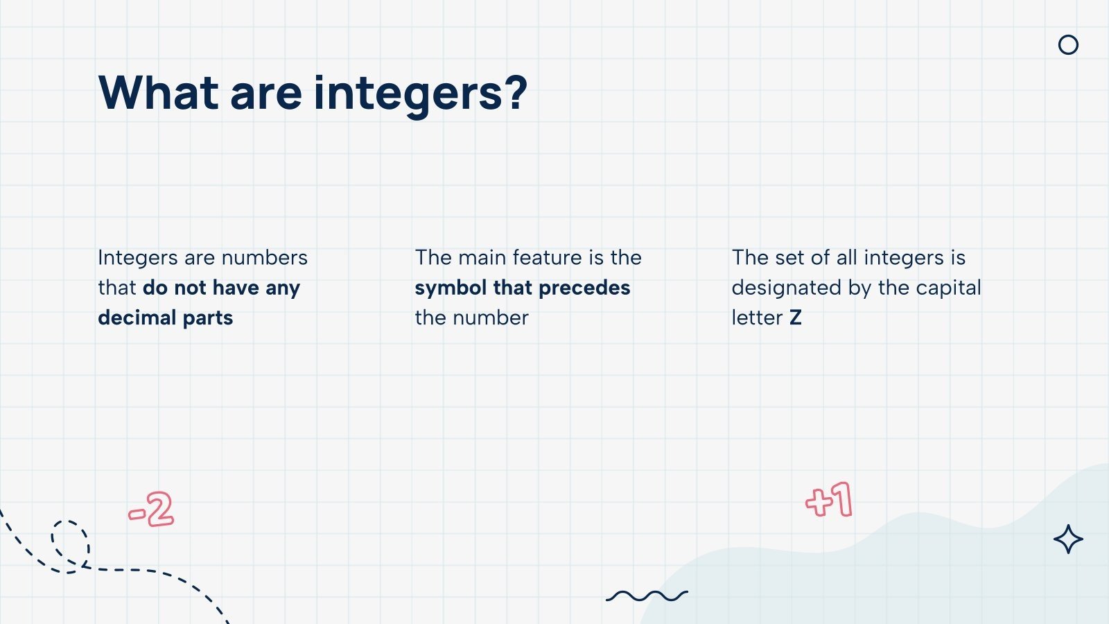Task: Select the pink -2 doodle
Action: coord(151,510)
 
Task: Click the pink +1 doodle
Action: coord(829,500)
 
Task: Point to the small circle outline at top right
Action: coord(1068,45)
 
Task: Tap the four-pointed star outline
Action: coord(1068,539)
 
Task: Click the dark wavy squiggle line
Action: coord(647,596)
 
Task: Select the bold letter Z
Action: coord(795,318)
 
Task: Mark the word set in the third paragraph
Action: coord(789,257)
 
